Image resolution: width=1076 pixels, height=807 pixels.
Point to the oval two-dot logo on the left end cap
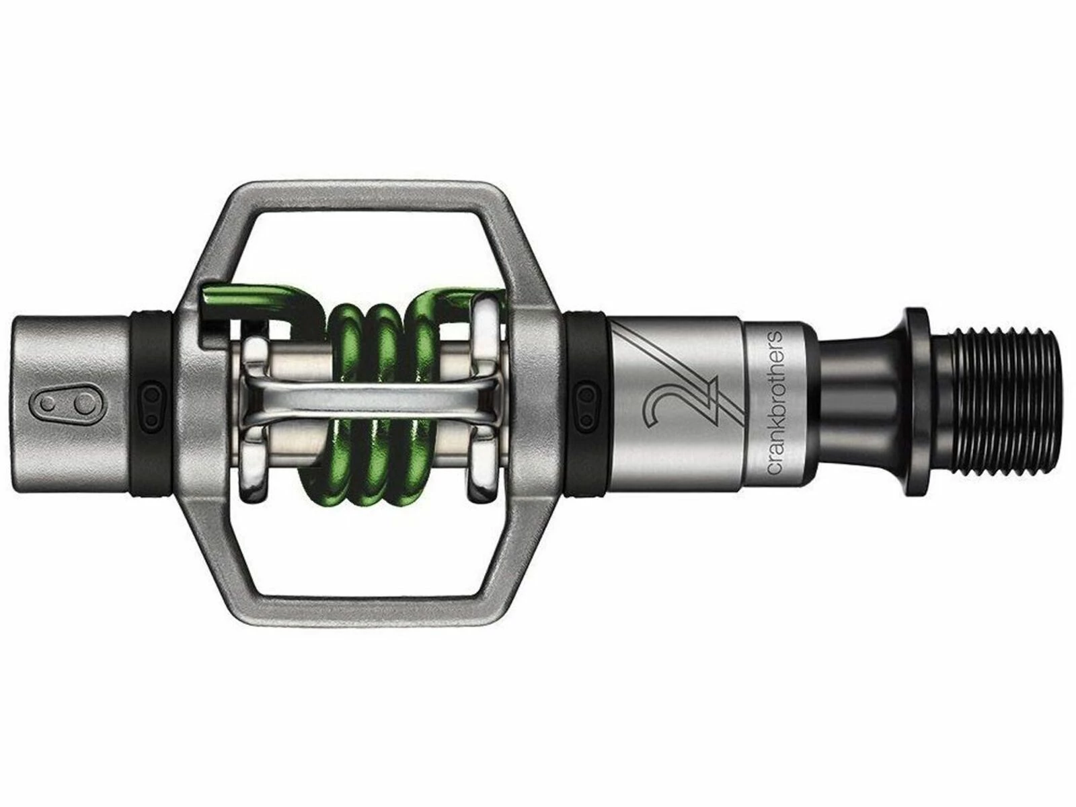click(x=65, y=403)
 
